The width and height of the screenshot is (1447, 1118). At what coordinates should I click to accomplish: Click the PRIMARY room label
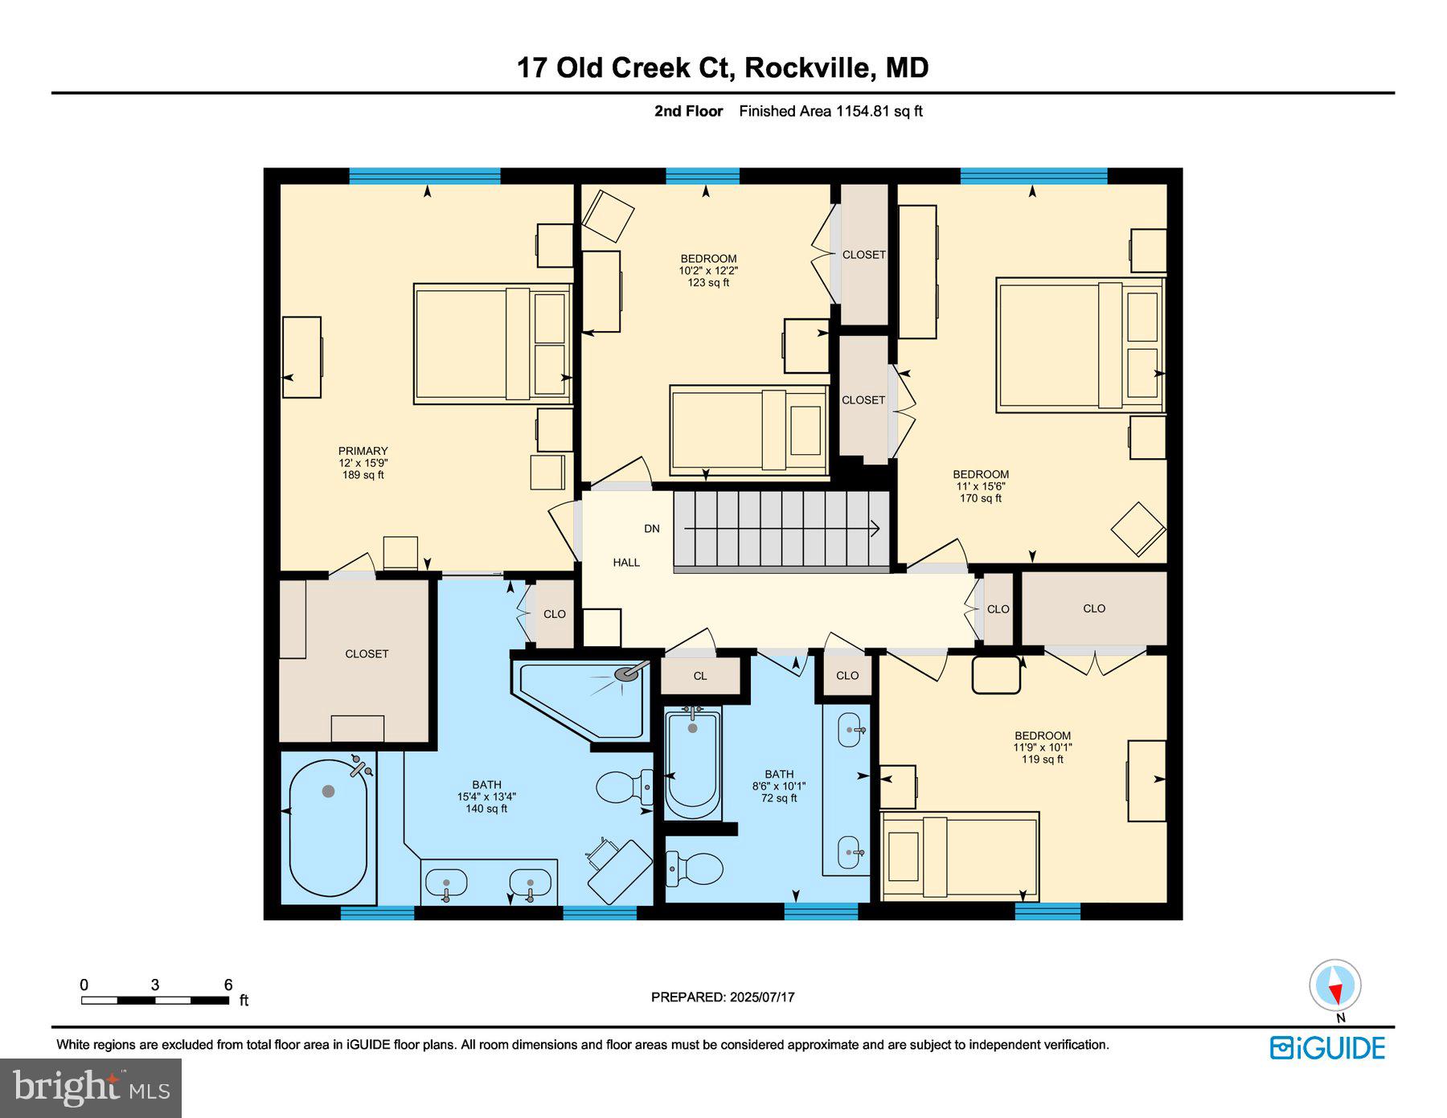[x=363, y=451]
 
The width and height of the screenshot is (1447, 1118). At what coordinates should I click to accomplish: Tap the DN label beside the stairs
[x=652, y=529]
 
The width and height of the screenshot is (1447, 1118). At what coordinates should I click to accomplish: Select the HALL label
[x=626, y=563]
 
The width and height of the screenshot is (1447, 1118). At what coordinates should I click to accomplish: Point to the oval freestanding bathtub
[x=328, y=828]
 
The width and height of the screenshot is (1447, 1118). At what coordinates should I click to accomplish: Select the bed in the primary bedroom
[x=492, y=343]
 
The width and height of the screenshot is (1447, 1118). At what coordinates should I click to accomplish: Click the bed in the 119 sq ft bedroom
[x=960, y=855]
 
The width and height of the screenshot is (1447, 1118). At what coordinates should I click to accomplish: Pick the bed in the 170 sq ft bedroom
[x=1080, y=345]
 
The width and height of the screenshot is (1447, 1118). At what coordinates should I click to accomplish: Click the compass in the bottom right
[x=1335, y=985]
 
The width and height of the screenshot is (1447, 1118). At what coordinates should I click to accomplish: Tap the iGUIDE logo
[x=1327, y=1048]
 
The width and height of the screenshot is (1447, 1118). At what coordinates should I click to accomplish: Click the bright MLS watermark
[x=91, y=1087]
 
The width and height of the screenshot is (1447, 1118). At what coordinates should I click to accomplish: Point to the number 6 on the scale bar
[x=228, y=985]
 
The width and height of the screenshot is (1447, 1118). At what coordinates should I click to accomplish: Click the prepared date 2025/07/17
[x=762, y=997]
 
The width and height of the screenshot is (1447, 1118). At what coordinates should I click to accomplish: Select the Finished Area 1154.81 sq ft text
[x=830, y=111]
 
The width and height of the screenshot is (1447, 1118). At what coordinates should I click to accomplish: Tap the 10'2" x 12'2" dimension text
[x=708, y=271]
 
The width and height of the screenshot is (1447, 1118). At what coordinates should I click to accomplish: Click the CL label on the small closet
[x=700, y=676]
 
